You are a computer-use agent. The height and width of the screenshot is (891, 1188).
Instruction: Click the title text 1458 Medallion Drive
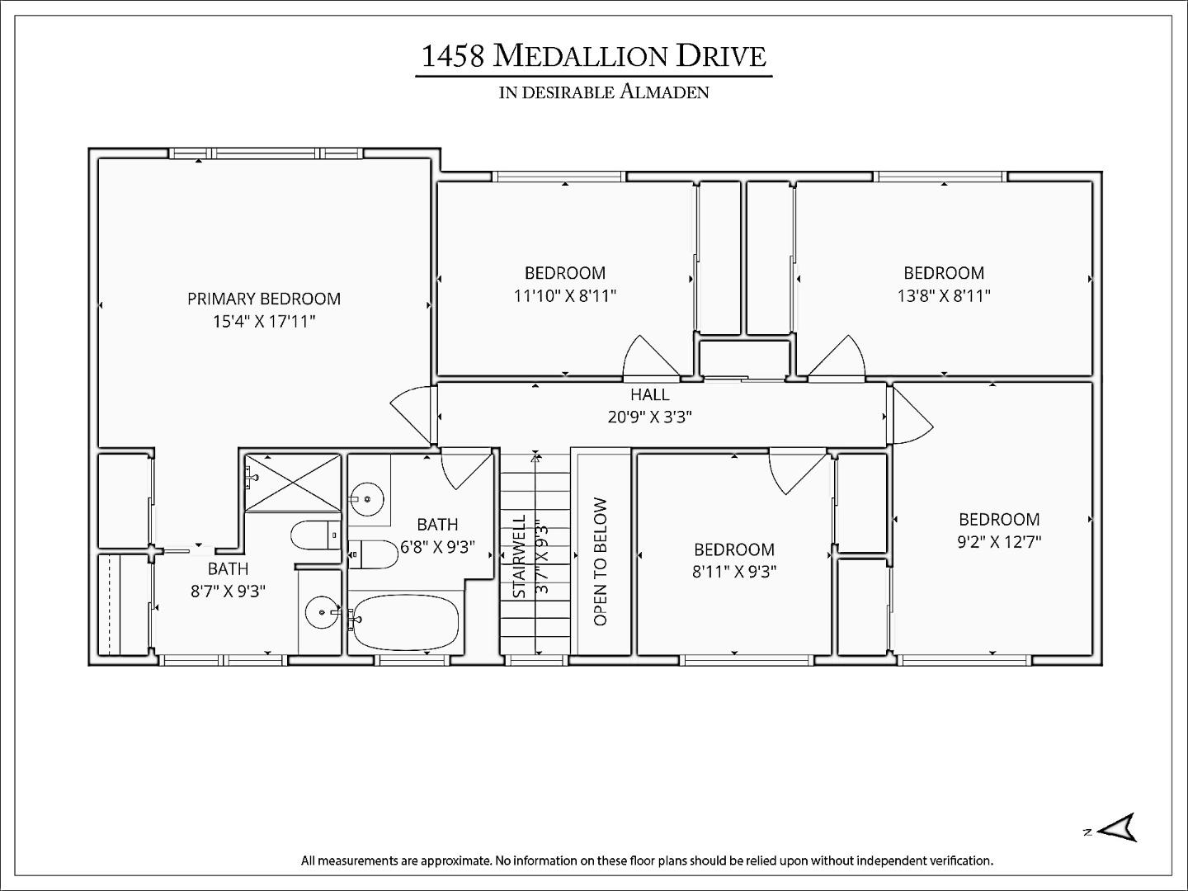click(593, 56)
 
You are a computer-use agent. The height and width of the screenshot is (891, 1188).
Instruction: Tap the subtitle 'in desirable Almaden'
click(603, 92)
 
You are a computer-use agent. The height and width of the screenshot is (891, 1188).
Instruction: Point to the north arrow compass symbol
click(1118, 827)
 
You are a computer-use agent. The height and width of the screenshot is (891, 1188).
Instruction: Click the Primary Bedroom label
click(263, 299)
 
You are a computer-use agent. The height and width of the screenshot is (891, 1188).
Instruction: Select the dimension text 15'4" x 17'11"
click(263, 322)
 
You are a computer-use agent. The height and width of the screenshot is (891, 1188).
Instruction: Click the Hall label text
click(649, 394)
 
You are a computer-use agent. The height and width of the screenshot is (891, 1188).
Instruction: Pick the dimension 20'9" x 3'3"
click(649, 417)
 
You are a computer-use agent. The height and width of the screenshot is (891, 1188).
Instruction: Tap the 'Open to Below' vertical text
click(600, 561)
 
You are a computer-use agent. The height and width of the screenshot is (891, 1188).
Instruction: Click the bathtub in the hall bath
click(405, 623)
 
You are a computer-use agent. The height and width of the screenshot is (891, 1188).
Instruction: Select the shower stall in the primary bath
click(294, 482)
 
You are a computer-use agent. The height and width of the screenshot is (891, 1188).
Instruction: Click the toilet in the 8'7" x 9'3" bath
click(315, 535)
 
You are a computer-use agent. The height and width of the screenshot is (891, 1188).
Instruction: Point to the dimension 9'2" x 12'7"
click(998, 542)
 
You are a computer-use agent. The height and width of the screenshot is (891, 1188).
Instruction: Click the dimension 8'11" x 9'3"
click(733, 572)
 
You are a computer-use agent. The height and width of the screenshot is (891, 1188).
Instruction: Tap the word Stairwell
click(519, 557)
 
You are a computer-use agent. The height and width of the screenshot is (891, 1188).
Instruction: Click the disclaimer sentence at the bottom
click(647, 860)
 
